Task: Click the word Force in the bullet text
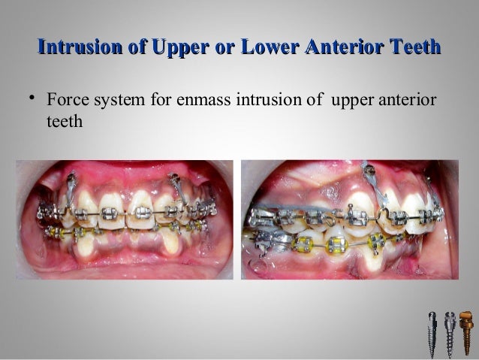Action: point(65,101)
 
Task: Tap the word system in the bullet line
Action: point(115,101)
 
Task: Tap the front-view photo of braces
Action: point(125,219)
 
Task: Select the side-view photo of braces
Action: point(349,219)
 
